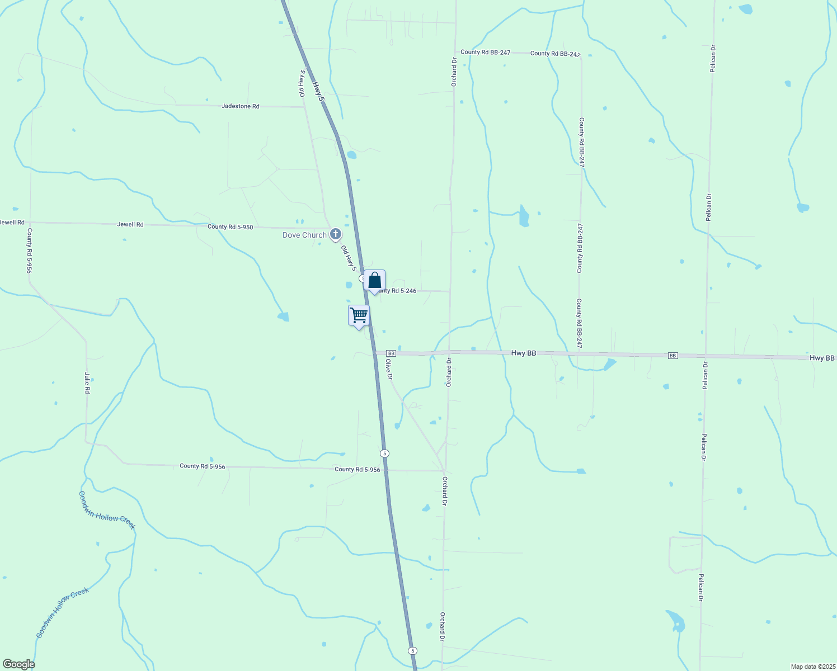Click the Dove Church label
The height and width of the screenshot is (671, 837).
304,235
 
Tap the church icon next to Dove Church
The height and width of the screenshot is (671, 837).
335,234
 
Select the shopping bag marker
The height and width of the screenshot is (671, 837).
374,281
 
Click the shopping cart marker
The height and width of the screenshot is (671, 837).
359,315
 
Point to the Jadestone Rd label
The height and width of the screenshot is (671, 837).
241,106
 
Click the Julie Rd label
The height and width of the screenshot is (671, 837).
87,383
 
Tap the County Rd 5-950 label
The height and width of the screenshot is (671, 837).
230,227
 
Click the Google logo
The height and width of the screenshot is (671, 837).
18,664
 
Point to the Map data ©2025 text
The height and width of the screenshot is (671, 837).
812,667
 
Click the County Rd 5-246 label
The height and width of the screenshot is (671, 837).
397,291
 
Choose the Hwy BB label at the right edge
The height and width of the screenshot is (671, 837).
822,358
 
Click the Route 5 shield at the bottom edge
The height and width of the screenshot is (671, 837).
412,650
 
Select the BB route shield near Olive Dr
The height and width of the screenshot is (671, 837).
391,353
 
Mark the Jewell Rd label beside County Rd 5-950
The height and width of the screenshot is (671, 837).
130,225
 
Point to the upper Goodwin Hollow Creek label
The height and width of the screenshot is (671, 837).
107,510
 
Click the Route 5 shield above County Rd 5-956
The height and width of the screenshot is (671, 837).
384,453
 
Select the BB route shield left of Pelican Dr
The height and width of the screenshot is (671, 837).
673,356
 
